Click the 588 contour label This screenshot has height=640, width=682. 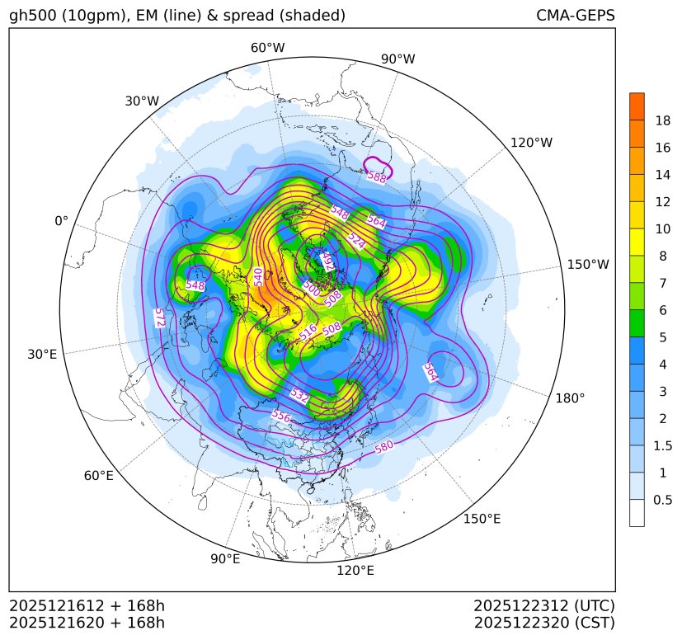tap(377, 176)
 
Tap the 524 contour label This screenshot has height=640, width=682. tap(356, 240)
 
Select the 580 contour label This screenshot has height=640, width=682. tap(384, 448)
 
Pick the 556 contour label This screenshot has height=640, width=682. tap(281, 416)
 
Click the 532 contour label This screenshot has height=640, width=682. tap(300, 397)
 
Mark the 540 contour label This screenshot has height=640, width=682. tap(259, 276)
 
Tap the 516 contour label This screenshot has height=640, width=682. tap(308, 332)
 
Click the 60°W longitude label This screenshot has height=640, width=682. tap(267, 48)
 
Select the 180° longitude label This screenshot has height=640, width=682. tap(570, 398)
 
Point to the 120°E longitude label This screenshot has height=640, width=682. tap(355, 570)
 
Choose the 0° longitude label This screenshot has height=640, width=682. tap(61, 221)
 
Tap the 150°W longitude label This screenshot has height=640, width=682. tap(588, 265)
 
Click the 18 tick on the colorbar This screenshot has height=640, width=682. tap(662, 120)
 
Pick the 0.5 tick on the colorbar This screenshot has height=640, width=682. tap(662, 500)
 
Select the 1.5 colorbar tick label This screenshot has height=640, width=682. tap(662, 445)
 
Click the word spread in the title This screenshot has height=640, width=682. tap(234, 16)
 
